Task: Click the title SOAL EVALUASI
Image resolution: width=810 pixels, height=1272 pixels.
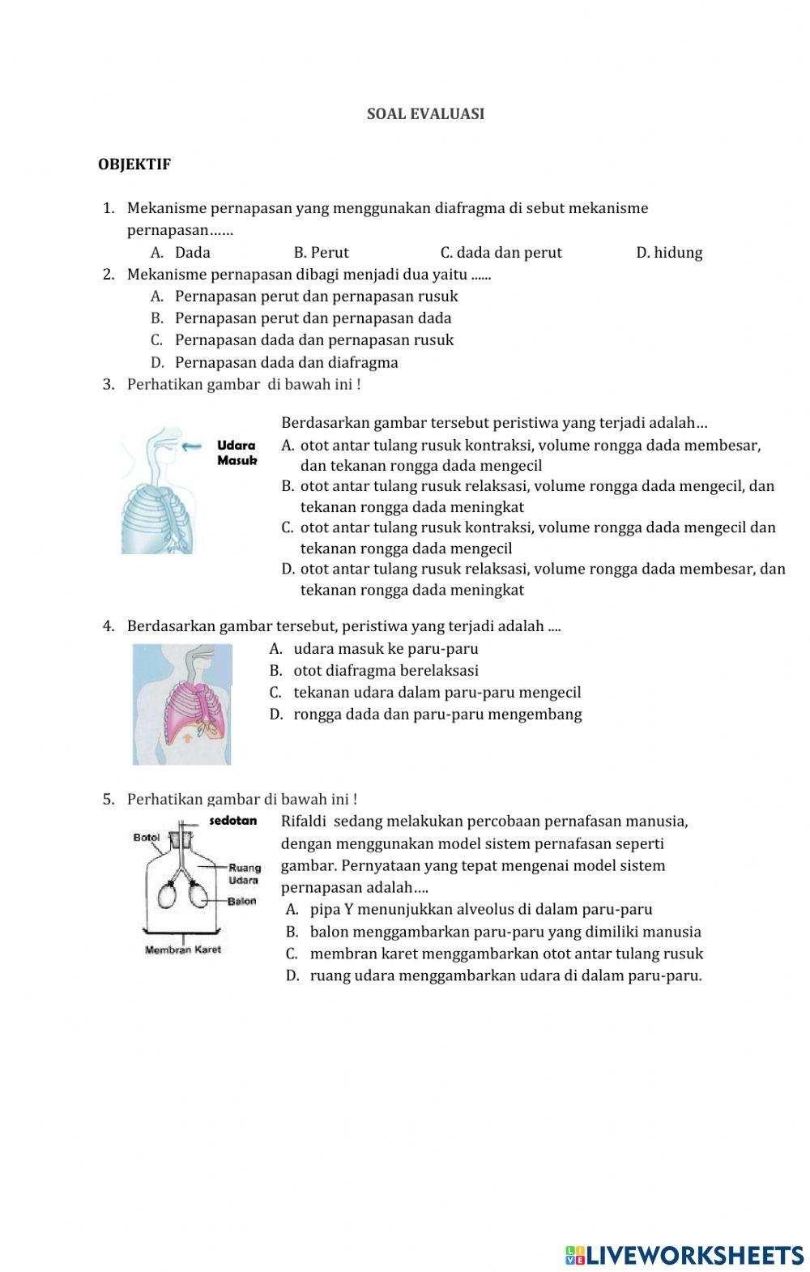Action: (x=425, y=114)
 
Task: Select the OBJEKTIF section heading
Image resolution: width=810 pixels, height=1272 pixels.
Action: (x=134, y=164)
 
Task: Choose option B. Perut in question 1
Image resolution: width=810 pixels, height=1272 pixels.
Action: (x=321, y=253)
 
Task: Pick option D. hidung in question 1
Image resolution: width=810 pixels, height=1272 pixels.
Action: (x=669, y=253)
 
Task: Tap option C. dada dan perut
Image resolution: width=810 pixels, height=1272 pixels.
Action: (x=501, y=253)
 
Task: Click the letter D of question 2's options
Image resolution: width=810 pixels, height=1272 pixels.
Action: (x=157, y=363)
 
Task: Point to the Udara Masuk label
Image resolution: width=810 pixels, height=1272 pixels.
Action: (x=237, y=453)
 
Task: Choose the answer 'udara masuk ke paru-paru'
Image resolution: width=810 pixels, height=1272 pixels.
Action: (x=386, y=649)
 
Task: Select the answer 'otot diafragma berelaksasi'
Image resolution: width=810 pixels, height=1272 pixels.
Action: (x=386, y=671)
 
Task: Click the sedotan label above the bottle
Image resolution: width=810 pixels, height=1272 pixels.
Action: (x=233, y=821)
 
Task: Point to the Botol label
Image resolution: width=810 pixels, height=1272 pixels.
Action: (x=147, y=838)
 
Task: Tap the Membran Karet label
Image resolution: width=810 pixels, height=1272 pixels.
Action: (x=183, y=950)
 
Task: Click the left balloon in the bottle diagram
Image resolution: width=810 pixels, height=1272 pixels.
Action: (x=168, y=896)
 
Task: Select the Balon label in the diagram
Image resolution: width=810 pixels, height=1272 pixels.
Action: (x=242, y=901)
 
